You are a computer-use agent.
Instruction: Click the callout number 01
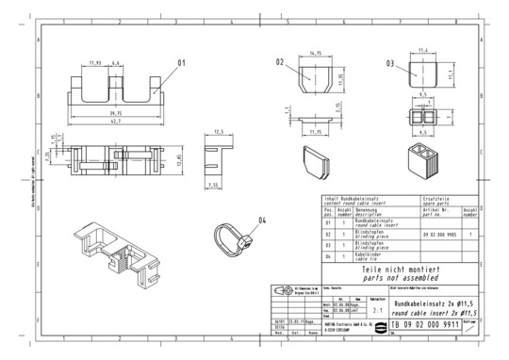tap(183, 64)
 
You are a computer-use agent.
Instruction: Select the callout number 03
tap(390, 63)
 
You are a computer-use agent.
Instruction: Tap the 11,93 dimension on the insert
tap(94, 62)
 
